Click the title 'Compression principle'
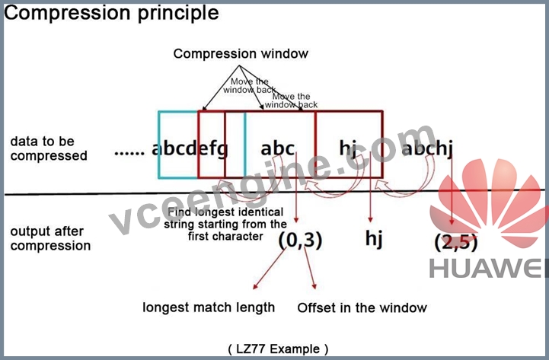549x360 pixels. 111,13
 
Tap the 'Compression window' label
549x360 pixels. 241,53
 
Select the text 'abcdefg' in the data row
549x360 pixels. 190,148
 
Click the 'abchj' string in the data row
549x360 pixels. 427,148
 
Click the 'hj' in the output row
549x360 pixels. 374,239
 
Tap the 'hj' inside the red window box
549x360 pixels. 348,148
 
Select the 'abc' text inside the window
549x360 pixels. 277,148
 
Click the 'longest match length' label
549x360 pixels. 209,307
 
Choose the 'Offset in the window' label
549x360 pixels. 362,308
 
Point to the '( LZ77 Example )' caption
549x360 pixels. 279,349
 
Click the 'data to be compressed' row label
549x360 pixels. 49,148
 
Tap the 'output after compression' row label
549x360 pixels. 50,238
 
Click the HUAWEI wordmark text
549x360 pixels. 488,269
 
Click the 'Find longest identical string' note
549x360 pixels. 225,224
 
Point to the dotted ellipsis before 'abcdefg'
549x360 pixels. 129,153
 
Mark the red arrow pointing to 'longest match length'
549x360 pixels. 270,269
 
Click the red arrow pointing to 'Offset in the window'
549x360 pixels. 310,269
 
